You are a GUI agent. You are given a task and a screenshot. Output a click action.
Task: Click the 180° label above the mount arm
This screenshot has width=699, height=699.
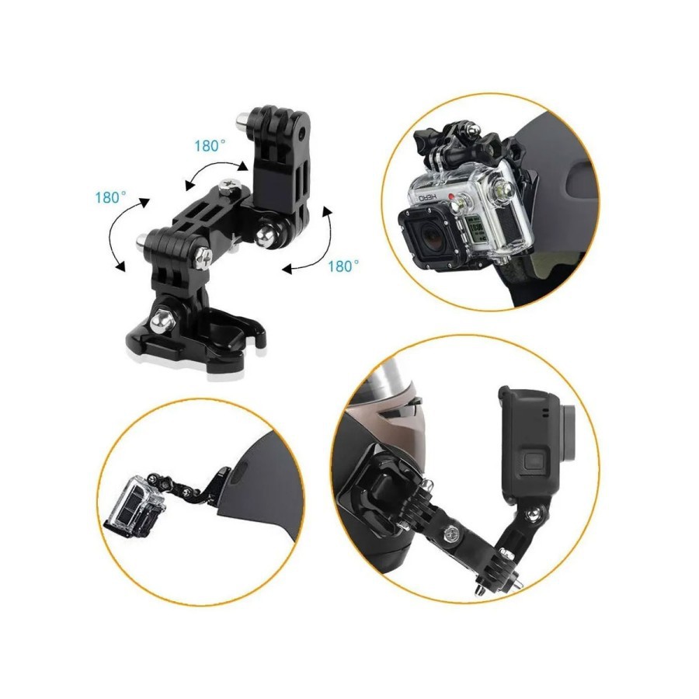point(210,145)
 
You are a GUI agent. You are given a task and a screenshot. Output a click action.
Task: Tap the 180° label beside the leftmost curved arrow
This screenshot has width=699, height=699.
point(110,197)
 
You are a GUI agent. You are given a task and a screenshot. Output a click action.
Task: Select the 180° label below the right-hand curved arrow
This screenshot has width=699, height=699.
point(343,266)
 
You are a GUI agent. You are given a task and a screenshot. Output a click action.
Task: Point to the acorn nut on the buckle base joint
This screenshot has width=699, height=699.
point(160,322)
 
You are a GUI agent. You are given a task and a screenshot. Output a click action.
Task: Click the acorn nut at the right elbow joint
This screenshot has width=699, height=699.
point(270,234)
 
